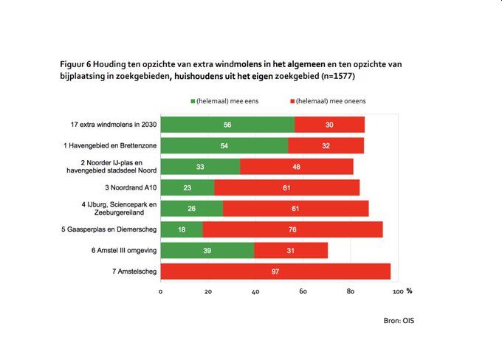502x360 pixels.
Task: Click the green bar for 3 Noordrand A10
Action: pos(188,187)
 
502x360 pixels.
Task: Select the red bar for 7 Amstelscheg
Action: pos(275,271)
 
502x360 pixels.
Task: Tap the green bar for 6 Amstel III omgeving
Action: pos(207,251)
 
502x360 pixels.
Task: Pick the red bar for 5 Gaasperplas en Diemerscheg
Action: pos(292,229)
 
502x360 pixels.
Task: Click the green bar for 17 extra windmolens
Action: pos(227,125)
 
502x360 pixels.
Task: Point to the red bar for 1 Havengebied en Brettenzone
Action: pos(326,146)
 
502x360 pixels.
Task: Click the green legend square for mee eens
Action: pos(193,100)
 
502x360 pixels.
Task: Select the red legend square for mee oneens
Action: pos(294,100)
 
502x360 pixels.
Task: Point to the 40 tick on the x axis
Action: pos(255,291)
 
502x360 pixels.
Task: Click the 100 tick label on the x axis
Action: pos(397,291)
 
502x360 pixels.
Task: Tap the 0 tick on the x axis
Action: pos(161,291)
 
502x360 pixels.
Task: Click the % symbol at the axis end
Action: pos(410,291)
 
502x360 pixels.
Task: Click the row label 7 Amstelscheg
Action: pos(129,271)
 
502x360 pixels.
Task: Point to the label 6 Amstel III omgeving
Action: pos(120,251)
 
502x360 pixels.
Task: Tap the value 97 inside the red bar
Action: pos(275,271)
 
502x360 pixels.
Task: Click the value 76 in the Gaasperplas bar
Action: pos(292,229)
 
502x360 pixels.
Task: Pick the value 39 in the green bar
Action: pos(207,251)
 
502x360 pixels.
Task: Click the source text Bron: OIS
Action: pos(399,321)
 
